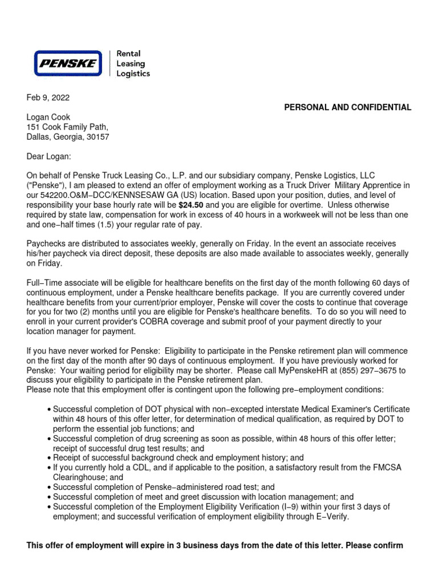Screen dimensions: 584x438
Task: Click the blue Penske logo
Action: [67, 63]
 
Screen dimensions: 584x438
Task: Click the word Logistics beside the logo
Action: [133, 74]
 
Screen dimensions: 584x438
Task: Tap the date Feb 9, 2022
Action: [48, 98]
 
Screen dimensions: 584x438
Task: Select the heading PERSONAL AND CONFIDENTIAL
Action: [347, 107]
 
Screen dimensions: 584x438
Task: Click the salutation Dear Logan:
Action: [50, 156]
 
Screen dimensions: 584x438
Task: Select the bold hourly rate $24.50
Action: [191, 205]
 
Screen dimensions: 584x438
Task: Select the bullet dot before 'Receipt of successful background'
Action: [49, 458]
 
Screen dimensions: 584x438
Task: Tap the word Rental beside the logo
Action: [128, 54]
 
